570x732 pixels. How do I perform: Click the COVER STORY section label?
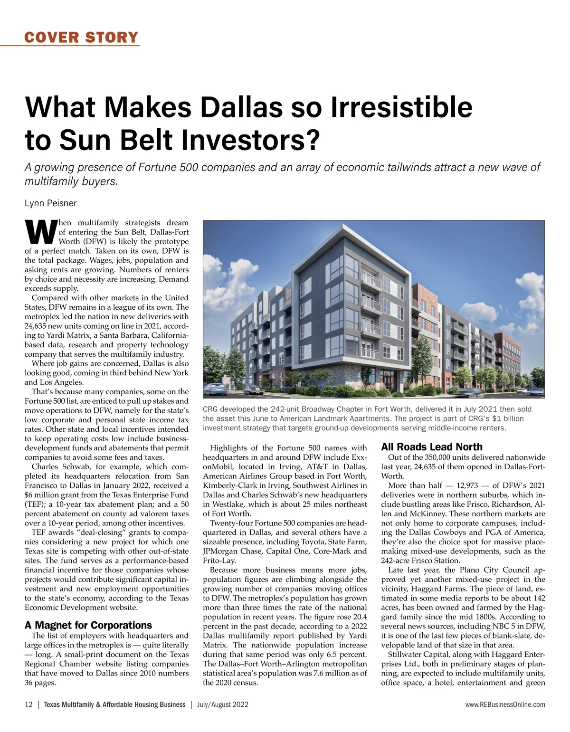81,37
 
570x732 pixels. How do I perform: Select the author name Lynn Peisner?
50,204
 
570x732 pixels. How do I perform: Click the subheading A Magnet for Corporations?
88,625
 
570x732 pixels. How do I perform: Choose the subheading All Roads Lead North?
432,447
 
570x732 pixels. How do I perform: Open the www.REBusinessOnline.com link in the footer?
505,705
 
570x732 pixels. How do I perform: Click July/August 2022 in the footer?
223,705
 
